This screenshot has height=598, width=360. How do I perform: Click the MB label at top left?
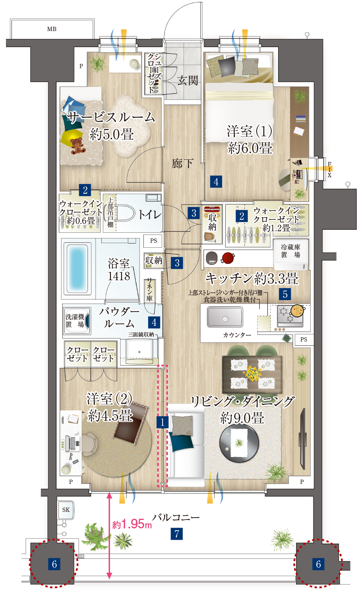click(52, 29)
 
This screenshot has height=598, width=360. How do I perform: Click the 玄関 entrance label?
click(187, 80)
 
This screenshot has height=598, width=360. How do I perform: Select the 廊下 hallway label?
click(182, 163)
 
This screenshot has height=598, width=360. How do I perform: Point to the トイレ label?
click(150, 214)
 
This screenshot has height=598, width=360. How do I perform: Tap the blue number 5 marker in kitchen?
click(285, 294)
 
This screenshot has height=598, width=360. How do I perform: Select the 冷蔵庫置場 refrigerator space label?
click(291, 251)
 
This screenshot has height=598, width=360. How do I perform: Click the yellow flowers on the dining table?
click(252, 373)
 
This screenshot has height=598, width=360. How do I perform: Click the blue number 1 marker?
click(162, 422)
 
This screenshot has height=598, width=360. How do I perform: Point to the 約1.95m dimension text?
click(132, 524)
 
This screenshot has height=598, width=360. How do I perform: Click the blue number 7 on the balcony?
click(177, 534)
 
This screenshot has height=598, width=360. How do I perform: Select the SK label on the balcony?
click(66, 510)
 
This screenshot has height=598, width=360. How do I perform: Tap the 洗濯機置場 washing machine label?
click(75, 320)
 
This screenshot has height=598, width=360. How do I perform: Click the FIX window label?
click(329, 170)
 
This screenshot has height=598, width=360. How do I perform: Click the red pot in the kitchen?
click(228, 258)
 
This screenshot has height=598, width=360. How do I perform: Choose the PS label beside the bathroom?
click(153, 241)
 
